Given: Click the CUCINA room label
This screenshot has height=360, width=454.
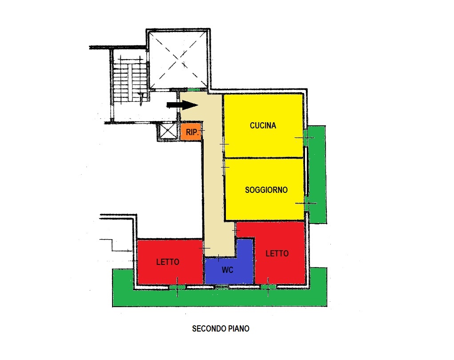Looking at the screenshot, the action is [x=263, y=126].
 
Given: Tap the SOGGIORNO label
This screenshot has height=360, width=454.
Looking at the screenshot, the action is [x=266, y=190].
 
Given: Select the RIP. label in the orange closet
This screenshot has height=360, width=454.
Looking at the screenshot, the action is [x=192, y=132].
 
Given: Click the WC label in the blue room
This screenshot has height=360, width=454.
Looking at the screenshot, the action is [x=228, y=270].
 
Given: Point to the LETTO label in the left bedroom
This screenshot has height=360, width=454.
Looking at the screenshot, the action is [x=168, y=262].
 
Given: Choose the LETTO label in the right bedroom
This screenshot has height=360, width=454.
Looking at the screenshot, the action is [x=277, y=253].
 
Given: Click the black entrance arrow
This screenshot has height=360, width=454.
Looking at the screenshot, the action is [x=182, y=105].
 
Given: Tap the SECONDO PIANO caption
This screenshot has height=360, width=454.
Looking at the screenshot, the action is [x=221, y=328].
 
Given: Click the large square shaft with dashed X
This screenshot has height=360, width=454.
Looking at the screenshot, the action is [x=178, y=60].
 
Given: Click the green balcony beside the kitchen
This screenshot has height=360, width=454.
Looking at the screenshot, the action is [x=317, y=174].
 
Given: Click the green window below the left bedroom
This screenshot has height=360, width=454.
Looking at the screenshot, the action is [x=177, y=287].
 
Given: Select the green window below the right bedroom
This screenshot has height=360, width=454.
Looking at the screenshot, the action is [x=268, y=287].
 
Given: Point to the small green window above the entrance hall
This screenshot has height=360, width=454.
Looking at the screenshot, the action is [x=194, y=90].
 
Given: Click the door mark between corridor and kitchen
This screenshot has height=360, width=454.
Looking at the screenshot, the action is [x=224, y=144].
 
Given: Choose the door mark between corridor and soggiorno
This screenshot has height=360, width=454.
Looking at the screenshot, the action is [x=225, y=167].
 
